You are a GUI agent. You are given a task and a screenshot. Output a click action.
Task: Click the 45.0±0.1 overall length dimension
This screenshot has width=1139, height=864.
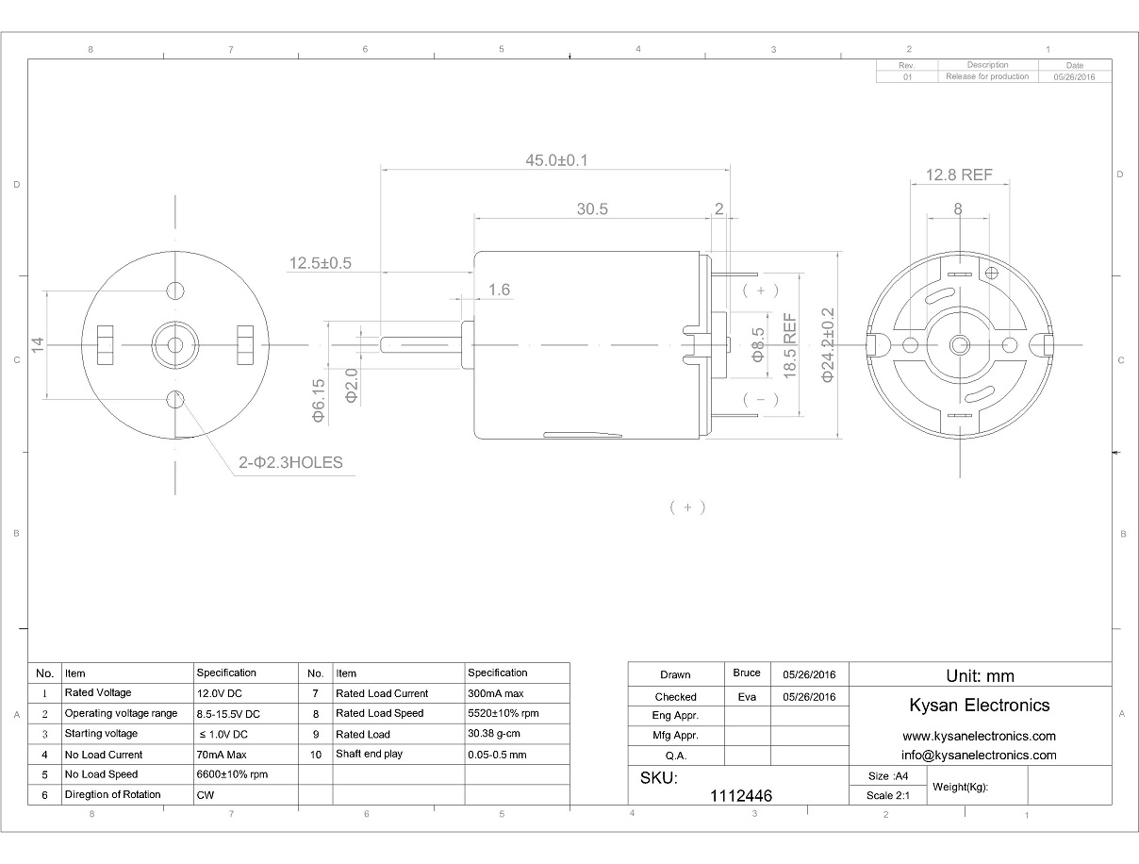556,160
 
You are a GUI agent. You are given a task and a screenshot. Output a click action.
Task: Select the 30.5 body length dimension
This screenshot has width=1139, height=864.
592,209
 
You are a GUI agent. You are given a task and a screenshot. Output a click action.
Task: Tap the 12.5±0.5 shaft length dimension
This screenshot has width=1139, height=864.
321,263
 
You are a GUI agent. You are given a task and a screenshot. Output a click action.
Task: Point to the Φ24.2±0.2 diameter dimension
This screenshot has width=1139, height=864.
828,345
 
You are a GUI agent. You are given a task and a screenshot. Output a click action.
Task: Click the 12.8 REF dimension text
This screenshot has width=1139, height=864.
959,174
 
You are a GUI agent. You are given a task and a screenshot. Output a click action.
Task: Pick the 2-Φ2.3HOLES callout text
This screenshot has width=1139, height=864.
290,462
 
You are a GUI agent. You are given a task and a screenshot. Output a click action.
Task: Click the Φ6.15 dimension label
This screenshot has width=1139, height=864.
319,401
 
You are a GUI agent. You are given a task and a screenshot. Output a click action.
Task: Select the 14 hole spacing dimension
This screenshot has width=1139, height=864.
38,345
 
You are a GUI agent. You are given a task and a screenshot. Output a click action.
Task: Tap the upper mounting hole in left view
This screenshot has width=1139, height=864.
175,291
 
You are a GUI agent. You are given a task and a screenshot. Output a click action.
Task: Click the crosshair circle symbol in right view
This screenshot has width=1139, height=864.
992,273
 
